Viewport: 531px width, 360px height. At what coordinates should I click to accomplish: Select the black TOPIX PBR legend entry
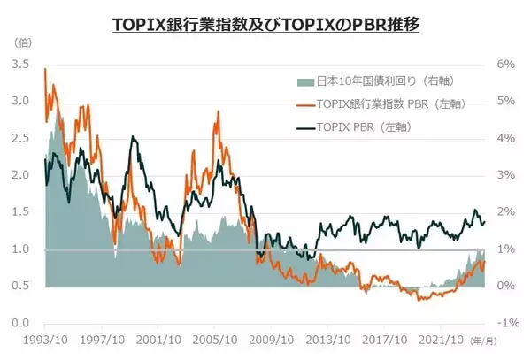point(358,127)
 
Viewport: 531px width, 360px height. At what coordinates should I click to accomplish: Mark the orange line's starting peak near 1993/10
point(45,69)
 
